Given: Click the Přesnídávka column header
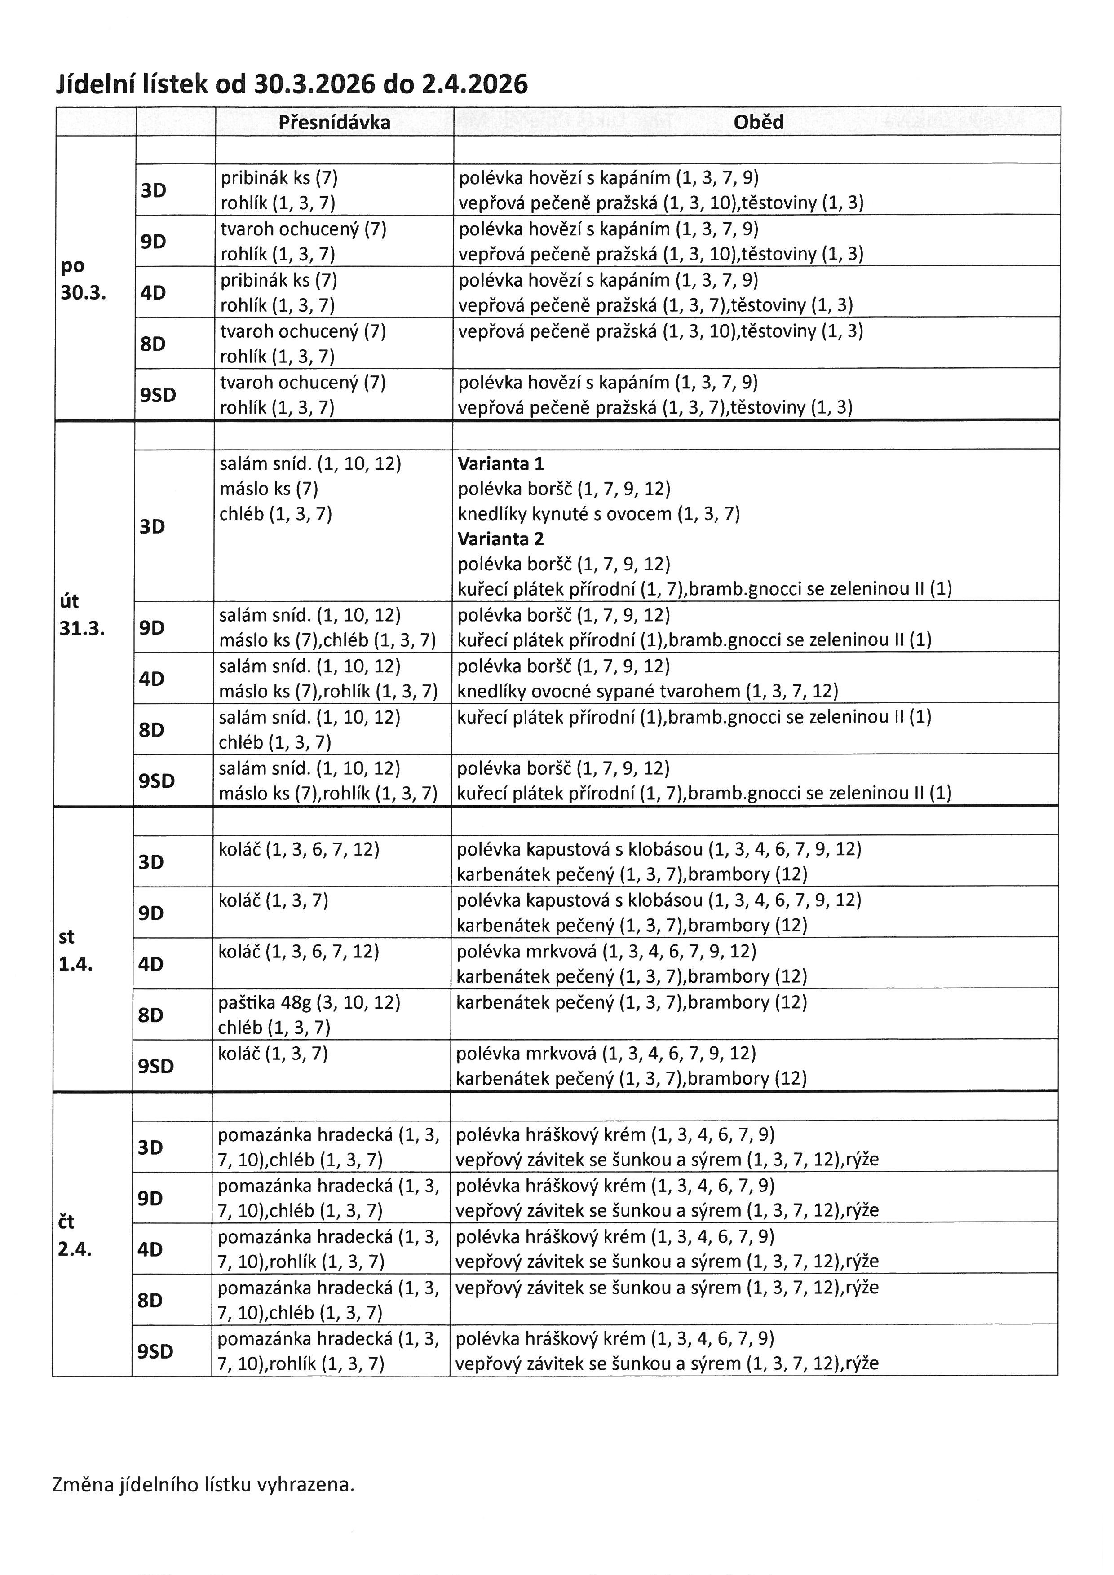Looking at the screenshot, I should click(334, 122).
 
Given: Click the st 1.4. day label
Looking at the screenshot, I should click(75, 951).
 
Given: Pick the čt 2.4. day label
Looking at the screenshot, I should click(74, 1235).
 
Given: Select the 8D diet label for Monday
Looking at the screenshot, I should click(153, 344).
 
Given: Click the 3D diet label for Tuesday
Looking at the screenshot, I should click(152, 526).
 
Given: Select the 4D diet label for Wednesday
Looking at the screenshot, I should click(151, 964).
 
